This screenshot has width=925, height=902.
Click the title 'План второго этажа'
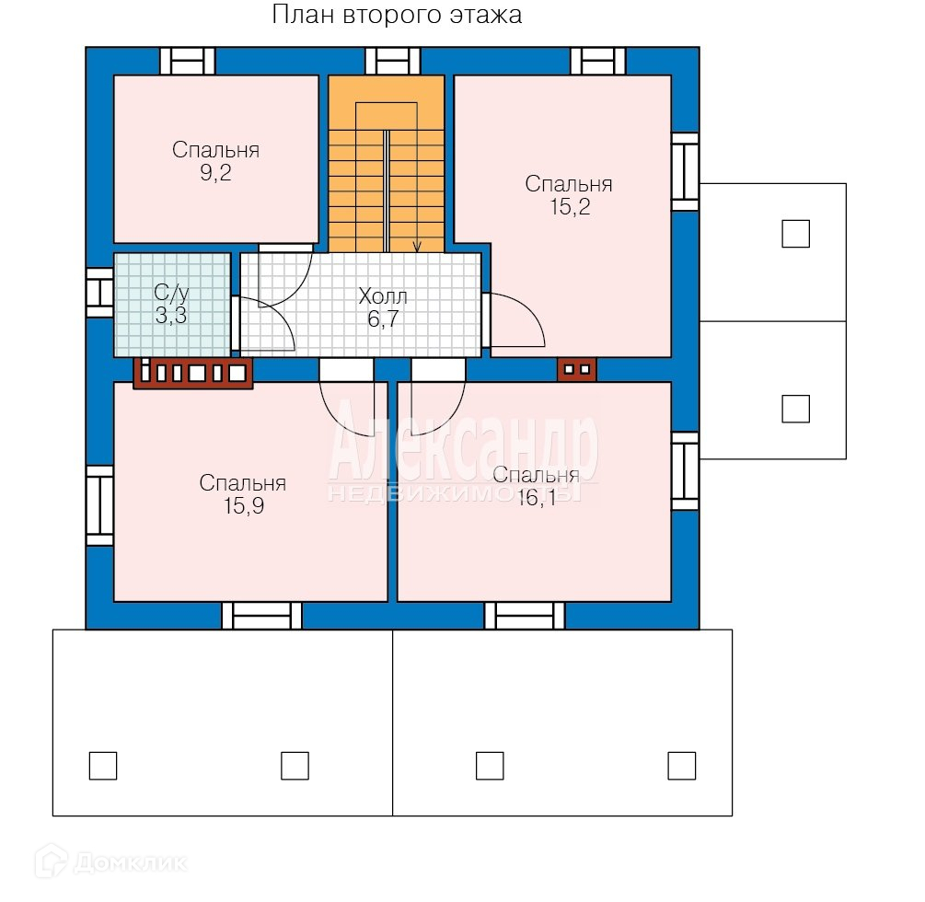click(x=398, y=16)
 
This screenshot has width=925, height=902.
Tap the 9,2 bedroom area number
click(x=215, y=173)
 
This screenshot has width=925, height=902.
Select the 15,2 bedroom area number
click(x=570, y=207)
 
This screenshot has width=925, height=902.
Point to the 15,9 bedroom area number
click(x=243, y=506)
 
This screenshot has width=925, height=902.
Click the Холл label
click(x=383, y=296)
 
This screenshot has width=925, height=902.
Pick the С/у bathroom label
click(x=171, y=295)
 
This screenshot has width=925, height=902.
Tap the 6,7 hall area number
click(x=383, y=319)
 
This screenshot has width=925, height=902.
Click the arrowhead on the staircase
click(x=417, y=247)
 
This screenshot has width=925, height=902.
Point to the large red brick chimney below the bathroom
click(x=193, y=373)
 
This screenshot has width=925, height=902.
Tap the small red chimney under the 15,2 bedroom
click(x=577, y=369)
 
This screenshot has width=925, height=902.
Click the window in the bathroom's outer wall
click(x=99, y=293)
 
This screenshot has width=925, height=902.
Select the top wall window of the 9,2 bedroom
click(x=188, y=61)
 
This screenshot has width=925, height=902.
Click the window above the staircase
click(x=393, y=61)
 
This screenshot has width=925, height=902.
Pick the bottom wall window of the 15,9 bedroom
click(x=262, y=616)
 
